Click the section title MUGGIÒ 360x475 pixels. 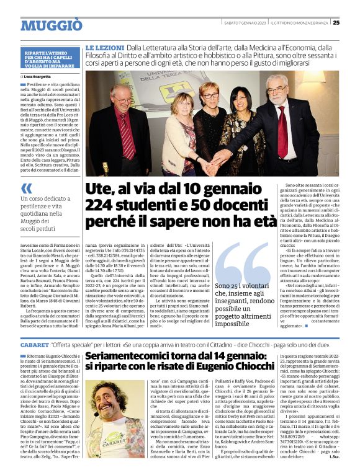point(52,25)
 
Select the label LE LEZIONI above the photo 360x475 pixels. point(104,47)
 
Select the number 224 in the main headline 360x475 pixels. point(102,205)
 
